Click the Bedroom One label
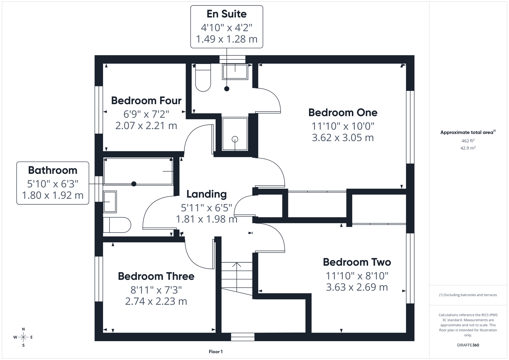click(x=343, y=113)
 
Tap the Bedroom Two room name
click(x=357, y=262)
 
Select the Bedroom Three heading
click(x=156, y=276)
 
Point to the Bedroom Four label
click(x=146, y=101)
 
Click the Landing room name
click(x=206, y=194)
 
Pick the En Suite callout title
click(x=227, y=14)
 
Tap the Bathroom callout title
click(x=53, y=170)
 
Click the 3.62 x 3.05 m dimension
click(x=343, y=138)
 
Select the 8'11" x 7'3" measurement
click(x=156, y=290)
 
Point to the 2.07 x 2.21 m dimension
click(x=146, y=126)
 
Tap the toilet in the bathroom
click(x=116, y=225)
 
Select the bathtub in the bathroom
click(x=138, y=171)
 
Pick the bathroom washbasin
click(x=110, y=202)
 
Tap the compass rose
click(x=23, y=337)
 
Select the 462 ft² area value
click(x=468, y=141)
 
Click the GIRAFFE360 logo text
click(x=468, y=345)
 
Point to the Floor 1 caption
click(x=216, y=352)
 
